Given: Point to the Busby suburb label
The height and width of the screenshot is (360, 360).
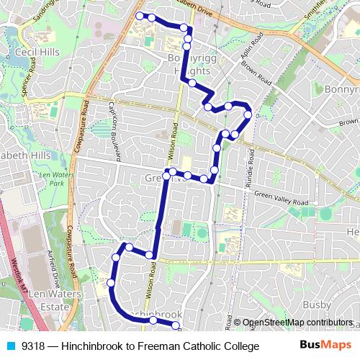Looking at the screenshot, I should pos(336,294).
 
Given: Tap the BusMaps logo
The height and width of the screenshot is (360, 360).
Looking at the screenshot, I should pos(325,346).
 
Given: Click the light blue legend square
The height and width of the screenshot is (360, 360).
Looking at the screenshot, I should pos(11,346).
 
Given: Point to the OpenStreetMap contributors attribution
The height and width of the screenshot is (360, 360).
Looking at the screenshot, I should pos(297,323).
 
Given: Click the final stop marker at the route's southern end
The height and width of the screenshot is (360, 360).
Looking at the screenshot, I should pos(175,325).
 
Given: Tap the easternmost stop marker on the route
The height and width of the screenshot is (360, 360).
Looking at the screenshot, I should pos(248,114).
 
